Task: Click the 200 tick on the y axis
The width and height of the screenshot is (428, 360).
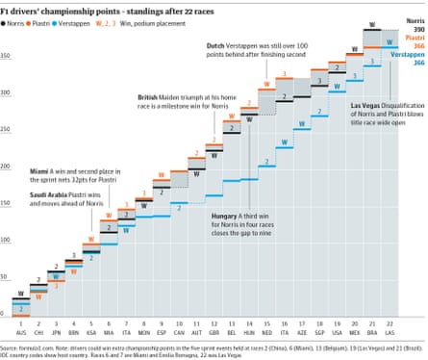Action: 6,166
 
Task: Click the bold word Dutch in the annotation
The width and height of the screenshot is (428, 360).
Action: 217,46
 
